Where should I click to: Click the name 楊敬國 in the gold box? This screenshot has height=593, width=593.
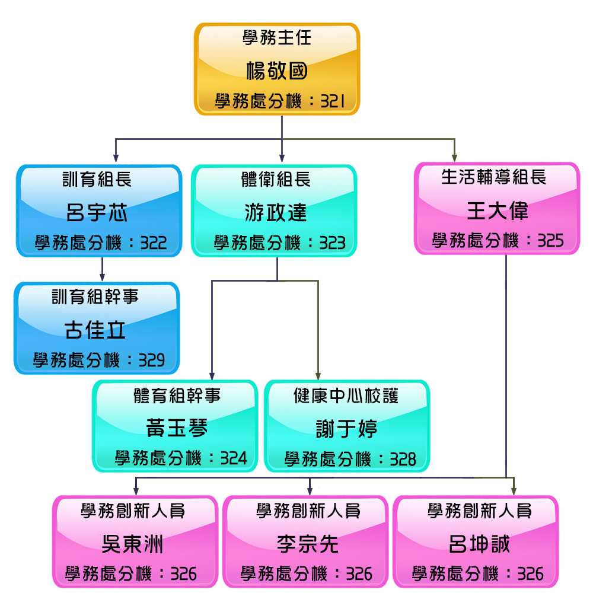click(x=277, y=72)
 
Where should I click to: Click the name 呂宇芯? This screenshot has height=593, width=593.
click(x=97, y=213)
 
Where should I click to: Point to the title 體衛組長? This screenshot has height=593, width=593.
click(x=276, y=179)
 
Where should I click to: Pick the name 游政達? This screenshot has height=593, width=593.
click(x=276, y=212)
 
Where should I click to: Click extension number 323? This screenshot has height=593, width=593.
click(x=332, y=243)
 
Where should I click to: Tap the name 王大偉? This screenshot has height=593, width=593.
click(x=497, y=211)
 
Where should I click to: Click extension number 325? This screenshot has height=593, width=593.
click(x=550, y=240)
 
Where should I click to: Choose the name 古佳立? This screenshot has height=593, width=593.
click(x=95, y=330)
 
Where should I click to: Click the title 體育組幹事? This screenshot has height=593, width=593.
click(x=177, y=396)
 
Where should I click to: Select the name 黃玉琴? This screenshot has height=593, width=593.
click(x=177, y=428)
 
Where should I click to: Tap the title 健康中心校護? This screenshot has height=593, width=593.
click(x=346, y=396)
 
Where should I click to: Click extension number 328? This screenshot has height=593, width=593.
click(x=403, y=458)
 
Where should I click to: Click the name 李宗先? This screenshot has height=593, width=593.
click(x=307, y=543)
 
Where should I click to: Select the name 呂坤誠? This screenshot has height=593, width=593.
click(x=479, y=543)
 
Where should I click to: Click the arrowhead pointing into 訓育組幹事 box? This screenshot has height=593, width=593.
click(x=103, y=276)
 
